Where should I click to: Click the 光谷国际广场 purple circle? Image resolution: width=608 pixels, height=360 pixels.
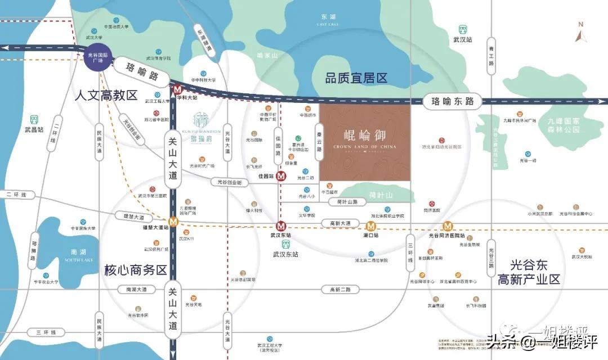[99, 56]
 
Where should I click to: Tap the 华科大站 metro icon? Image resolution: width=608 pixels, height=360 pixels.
[177, 89]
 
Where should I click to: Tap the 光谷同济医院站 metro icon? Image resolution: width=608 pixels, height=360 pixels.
[448, 226]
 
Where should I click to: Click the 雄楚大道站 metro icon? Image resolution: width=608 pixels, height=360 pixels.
[175, 221]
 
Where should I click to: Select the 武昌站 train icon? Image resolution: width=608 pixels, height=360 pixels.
[34, 120]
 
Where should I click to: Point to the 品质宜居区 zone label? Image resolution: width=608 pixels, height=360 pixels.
[356, 79]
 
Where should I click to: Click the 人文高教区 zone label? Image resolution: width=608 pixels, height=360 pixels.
[106, 95]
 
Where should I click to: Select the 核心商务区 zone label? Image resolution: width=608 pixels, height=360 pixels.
[136, 270]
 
